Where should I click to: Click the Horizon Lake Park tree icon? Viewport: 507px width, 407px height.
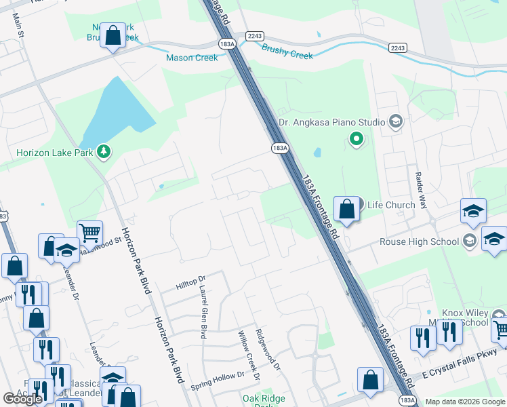coord(104,151)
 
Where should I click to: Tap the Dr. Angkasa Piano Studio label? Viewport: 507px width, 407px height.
coord(331,123)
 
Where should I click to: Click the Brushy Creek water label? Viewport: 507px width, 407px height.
coord(287,52)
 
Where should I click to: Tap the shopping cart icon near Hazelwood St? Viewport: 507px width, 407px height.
coord(89,234)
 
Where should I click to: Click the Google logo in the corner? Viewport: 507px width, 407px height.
coord(22,399)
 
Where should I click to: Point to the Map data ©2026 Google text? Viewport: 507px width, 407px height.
coord(465,402)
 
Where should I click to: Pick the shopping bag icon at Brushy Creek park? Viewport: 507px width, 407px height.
coord(113,35)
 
